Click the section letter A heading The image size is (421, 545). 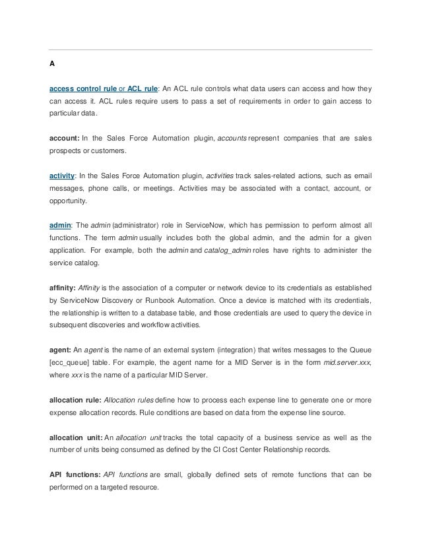[51, 64]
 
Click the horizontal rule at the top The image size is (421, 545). [211, 49]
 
